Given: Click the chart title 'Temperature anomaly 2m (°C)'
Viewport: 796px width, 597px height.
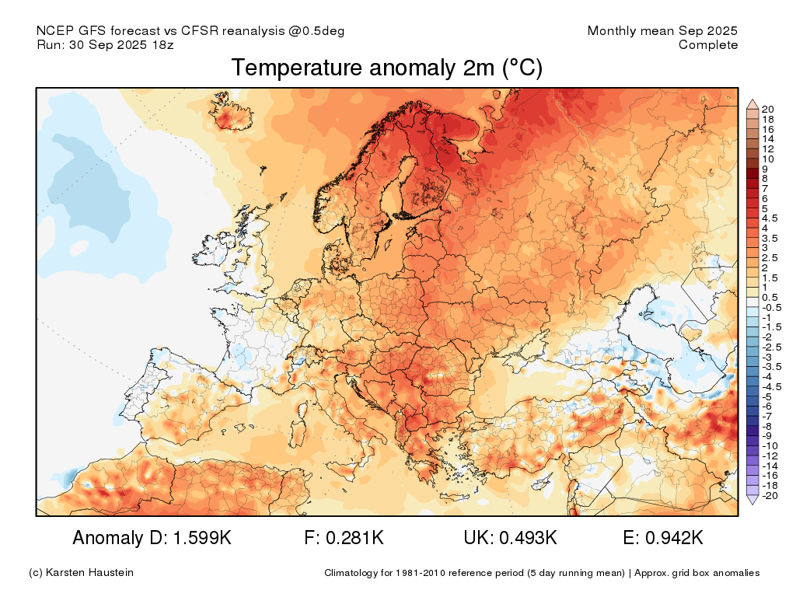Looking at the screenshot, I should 386,68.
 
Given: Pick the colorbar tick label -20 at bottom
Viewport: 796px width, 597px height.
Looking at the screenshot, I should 769,495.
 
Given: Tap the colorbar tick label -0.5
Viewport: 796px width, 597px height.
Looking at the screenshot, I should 770,308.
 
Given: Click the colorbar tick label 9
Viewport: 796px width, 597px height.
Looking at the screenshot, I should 766,168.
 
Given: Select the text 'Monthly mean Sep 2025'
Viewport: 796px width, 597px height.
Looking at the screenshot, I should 662,31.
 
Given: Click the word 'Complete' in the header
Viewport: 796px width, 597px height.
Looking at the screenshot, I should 707,45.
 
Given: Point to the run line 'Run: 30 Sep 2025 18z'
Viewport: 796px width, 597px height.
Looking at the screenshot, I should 105,45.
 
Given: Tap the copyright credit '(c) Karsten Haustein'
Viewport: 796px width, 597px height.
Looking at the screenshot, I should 81,573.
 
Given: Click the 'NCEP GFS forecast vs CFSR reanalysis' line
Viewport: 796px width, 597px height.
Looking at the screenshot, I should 190,31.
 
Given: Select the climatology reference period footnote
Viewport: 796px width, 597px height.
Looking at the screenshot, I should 542,573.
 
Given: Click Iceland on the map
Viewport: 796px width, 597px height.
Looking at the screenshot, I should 229,114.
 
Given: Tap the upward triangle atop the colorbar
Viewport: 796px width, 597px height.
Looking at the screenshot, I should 752,103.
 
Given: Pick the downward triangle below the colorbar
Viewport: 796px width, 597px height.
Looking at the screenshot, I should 752,501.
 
